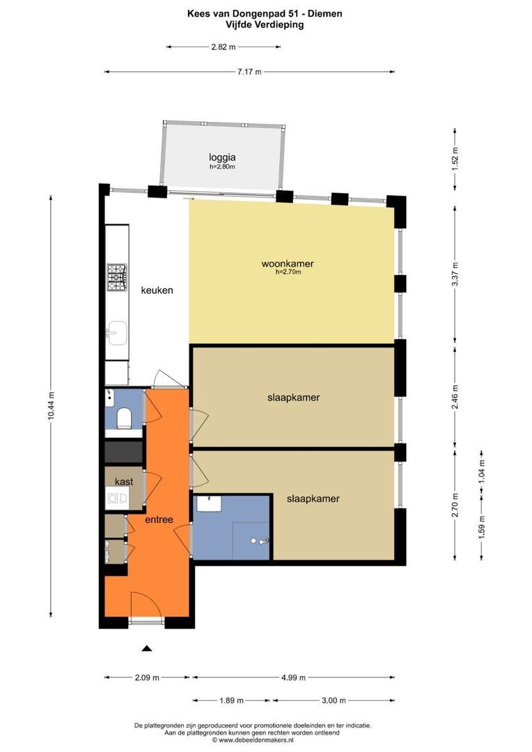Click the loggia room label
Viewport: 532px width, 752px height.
[222, 157]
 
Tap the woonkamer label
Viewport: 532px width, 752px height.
[288, 264]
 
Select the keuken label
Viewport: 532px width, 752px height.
[157, 290]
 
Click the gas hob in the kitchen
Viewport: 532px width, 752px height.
[116, 277]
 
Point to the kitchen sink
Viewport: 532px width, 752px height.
[116, 333]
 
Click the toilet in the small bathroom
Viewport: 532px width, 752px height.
[124, 418]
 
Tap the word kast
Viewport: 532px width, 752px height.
[124, 482]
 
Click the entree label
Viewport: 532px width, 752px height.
[159, 520]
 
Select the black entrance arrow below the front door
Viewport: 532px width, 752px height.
[147, 648]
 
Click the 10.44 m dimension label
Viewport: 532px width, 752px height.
[51, 406]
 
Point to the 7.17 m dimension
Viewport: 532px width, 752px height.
[249, 72]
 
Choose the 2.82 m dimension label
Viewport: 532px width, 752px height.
[224, 47]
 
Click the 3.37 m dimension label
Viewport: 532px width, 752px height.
[455, 274]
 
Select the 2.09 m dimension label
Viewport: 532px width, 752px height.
[147, 677]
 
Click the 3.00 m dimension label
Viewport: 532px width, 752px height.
[334, 700]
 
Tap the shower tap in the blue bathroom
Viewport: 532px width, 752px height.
[262, 541]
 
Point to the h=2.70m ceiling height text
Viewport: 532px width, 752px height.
[288, 272]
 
